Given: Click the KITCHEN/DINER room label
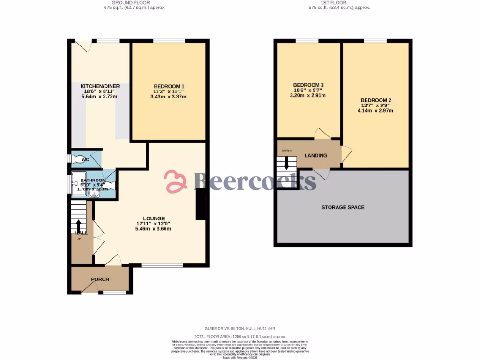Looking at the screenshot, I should point(100,86).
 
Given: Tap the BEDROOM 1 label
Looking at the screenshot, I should point(169,86).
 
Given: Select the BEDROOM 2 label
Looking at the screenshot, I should point(375,100).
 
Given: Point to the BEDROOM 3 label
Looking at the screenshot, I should point(309,85).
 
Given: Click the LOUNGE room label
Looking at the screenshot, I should point(154,218).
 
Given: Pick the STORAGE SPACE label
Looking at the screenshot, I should point(343,207).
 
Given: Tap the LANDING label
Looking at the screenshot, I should point(315,155).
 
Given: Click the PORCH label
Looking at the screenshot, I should point(100,279).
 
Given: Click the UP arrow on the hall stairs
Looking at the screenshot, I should point(78,225).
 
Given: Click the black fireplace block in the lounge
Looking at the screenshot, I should point(201,204).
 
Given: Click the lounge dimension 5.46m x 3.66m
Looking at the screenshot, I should point(154,229).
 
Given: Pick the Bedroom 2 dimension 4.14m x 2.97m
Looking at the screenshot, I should point(375,111).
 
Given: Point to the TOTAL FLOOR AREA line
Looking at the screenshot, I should point(240,337).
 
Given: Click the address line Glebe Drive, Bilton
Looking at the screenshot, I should point(240,329).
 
